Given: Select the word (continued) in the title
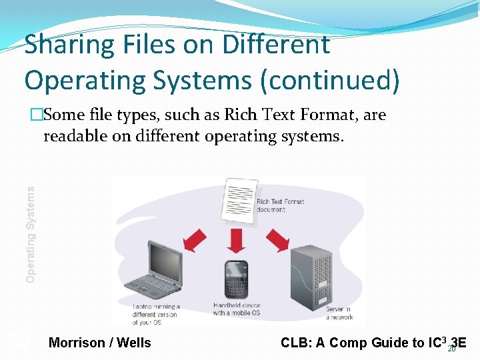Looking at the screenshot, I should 331,80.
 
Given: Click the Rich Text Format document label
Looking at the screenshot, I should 280,205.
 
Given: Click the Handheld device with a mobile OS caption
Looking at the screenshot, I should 237,309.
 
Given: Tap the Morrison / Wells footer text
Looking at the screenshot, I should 100,343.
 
